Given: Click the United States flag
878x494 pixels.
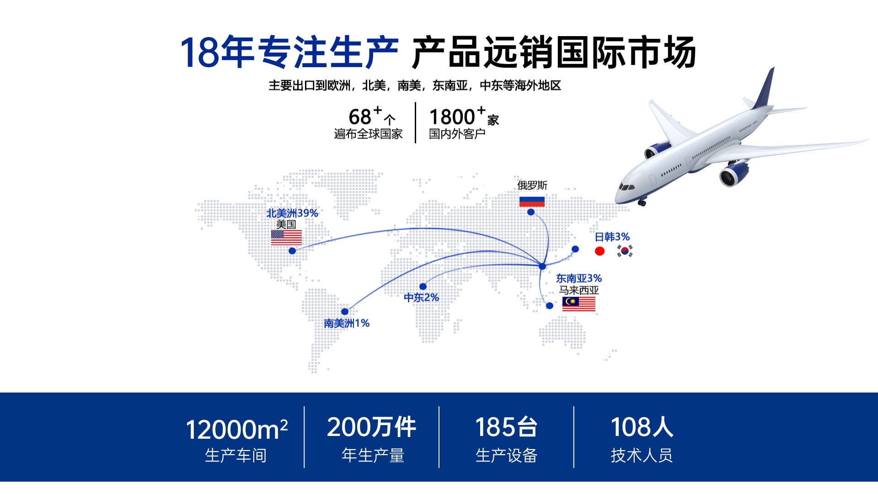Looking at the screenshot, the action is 286,238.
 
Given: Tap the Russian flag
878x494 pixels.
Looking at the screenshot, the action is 532,202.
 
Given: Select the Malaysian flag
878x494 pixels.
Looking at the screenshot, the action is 579,304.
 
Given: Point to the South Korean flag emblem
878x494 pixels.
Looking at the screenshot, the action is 625,251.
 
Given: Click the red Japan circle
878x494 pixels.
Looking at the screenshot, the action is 600,251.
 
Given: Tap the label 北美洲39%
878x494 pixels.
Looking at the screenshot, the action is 292,213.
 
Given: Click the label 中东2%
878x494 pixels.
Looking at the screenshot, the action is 421,297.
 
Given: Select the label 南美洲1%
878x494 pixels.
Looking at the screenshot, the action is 347,323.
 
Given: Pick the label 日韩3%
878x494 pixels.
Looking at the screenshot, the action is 612,237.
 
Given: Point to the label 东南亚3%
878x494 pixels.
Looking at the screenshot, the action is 579,278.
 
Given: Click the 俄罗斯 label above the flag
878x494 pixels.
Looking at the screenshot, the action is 532,186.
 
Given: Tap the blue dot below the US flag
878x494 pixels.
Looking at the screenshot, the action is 292,251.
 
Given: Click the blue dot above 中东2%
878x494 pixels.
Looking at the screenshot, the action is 423,287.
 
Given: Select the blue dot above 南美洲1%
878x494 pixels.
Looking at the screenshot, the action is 345,312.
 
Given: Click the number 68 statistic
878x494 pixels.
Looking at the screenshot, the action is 360,117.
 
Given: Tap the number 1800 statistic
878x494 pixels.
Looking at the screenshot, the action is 452,117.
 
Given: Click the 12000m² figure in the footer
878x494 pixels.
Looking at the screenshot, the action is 236,430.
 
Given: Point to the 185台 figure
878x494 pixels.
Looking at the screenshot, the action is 506,427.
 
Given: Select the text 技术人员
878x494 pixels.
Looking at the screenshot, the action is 642,455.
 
